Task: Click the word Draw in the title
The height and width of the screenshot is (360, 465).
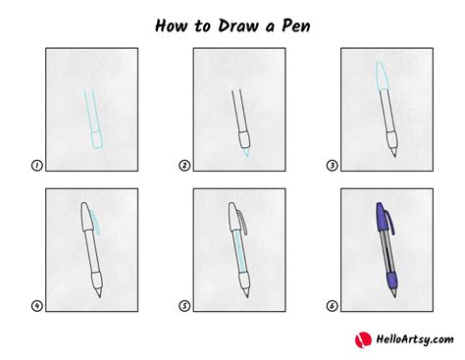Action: (x=238, y=26)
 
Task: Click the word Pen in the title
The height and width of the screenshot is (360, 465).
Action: (x=295, y=26)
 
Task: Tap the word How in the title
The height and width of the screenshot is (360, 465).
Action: (x=171, y=26)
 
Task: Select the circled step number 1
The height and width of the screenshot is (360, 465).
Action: (x=36, y=166)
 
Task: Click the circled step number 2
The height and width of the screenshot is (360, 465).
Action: (x=184, y=166)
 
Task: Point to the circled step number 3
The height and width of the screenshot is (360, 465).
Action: (x=332, y=166)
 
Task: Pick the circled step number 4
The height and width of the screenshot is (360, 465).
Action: (x=36, y=306)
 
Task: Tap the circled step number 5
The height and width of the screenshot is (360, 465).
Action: (x=184, y=306)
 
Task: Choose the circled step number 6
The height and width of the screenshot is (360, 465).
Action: (x=332, y=306)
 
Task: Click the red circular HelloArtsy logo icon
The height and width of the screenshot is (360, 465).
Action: (x=363, y=339)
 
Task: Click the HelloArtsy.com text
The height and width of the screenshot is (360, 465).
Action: (x=414, y=339)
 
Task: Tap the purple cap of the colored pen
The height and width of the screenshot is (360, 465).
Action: (x=382, y=217)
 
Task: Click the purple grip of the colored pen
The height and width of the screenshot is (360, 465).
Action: (x=392, y=281)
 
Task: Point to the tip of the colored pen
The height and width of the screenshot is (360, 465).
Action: (x=395, y=297)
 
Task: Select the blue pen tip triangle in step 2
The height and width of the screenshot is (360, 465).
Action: (x=246, y=152)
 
